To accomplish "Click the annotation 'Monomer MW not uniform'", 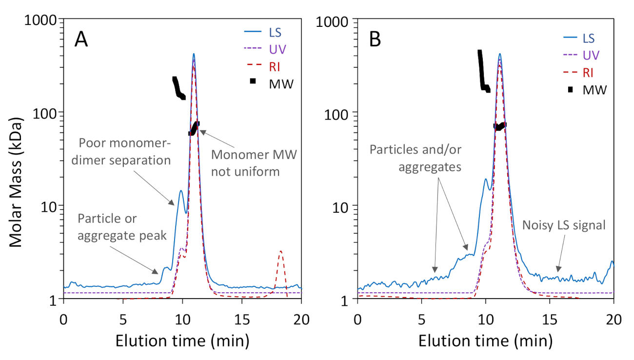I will [254, 164].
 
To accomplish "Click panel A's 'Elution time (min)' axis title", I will [182, 340].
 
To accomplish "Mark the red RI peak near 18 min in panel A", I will [281, 252].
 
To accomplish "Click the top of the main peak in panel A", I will [194, 54].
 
